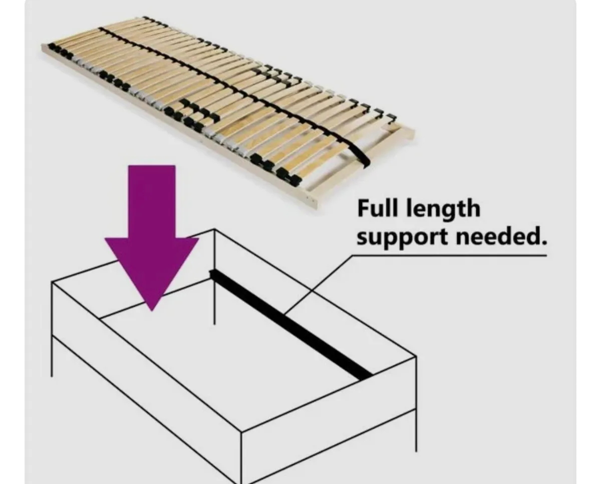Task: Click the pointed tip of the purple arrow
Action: [x=152, y=310]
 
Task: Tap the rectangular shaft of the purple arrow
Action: [x=152, y=200]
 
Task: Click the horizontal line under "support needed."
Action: [x=451, y=256]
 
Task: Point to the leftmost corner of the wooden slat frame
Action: [x=42, y=47]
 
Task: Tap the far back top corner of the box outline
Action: [x=215, y=230]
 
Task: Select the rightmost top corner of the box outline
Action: [x=416, y=357]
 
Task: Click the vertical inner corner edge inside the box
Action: [x=215, y=301]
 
